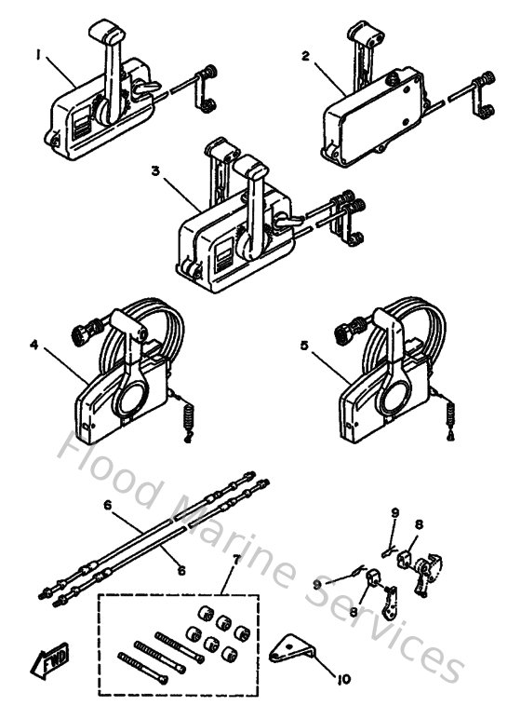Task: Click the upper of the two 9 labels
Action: [x=394, y=511]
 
